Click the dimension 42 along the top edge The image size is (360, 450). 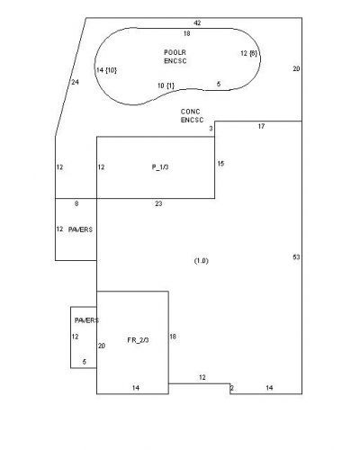[x=197, y=23]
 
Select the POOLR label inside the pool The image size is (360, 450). [x=175, y=52]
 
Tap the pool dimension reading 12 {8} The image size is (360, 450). [x=248, y=53]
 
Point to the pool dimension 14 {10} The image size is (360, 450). [x=106, y=70]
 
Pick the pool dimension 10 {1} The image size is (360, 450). [x=166, y=85]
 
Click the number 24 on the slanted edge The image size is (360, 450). [x=75, y=82]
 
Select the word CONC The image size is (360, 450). [x=190, y=112]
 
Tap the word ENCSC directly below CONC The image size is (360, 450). [x=192, y=120]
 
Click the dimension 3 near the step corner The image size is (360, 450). [x=211, y=129]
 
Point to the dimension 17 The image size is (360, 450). [x=261, y=126]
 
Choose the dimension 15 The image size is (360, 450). [x=220, y=164]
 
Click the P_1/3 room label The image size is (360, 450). [x=160, y=167]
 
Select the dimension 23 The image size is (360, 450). [x=158, y=203]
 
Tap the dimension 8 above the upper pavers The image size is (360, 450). [x=76, y=203]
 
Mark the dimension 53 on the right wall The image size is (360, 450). [x=296, y=257]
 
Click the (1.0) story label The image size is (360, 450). [x=202, y=261]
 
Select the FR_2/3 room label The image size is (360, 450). [x=138, y=340]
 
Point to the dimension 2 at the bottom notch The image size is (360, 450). [x=231, y=388]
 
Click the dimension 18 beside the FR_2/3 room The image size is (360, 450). [x=173, y=337]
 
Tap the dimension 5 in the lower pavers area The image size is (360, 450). [x=85, y=362]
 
